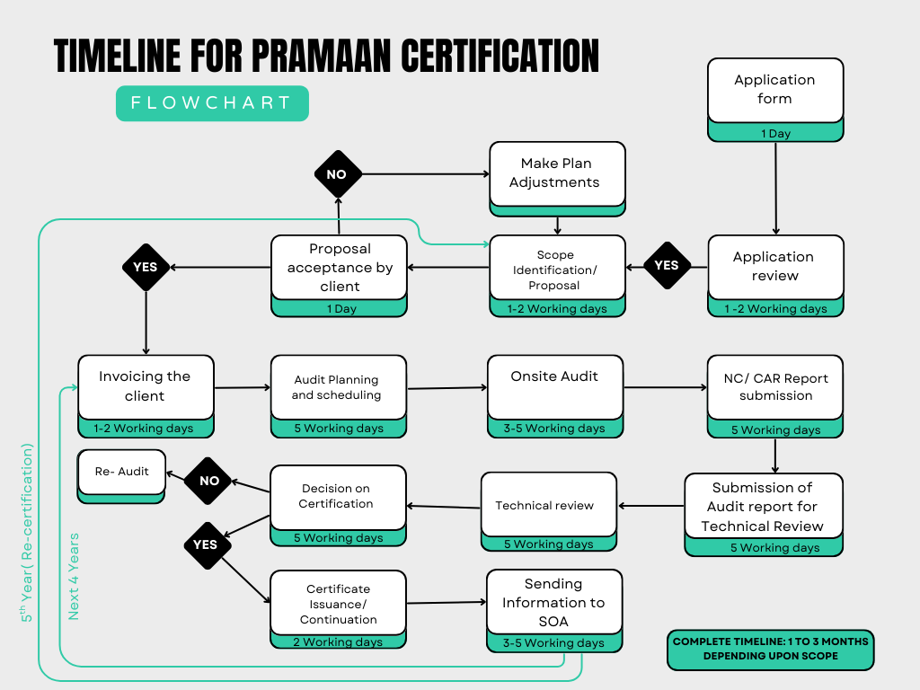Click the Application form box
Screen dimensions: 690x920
pyautogui.click(x=775, y=90)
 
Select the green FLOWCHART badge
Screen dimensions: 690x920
pyautogui.click(x=212, y=103)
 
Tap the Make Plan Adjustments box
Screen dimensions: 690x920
pyautogui.click(x=557, y=172)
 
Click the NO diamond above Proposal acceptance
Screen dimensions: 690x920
pyautogui.click(x=337, y=174)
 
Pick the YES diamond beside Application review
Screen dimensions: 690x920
pyautogui.click(x=667, y=265)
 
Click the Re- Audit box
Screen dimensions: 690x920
pyautogui.click(x=122, y=472)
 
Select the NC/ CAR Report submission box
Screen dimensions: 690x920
pyautogui.click(x=775, y=387)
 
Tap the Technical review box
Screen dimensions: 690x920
pyautogui.click(x=549, y=505)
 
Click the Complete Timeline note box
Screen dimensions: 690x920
pyautogui.click(x=770, y=650)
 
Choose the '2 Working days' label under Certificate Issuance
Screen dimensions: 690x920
pyautogui.click(x=338, y=641)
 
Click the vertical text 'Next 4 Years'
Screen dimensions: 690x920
pyautogui.click(x=74, y=576)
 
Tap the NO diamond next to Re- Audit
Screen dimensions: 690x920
pyautogui.click(x=208, y=481)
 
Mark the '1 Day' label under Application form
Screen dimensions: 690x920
pyautogui.click(x=775, y=133)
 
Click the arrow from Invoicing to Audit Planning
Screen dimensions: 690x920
pyautogui.click(x=243, y=388)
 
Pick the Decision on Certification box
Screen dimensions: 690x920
pyautogui.click(x=338, y=497)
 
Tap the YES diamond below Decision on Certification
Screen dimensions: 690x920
pyautogui.click(x=206, y=544)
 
